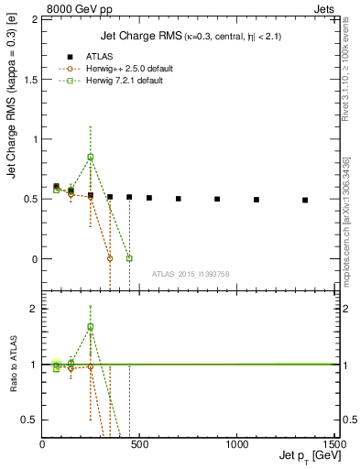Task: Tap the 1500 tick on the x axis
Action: [x=333, y=444]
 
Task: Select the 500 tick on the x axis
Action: [x=139, y=444]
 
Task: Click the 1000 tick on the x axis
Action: [x=236, y=444]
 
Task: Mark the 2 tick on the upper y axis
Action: [x=35, y=20]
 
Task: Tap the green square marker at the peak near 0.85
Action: [x=90, y=157]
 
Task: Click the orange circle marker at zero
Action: [x=110, y=258]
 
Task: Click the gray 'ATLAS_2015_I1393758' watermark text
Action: [x=190, y=274]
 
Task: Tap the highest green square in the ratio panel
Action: [x=90, y=326]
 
